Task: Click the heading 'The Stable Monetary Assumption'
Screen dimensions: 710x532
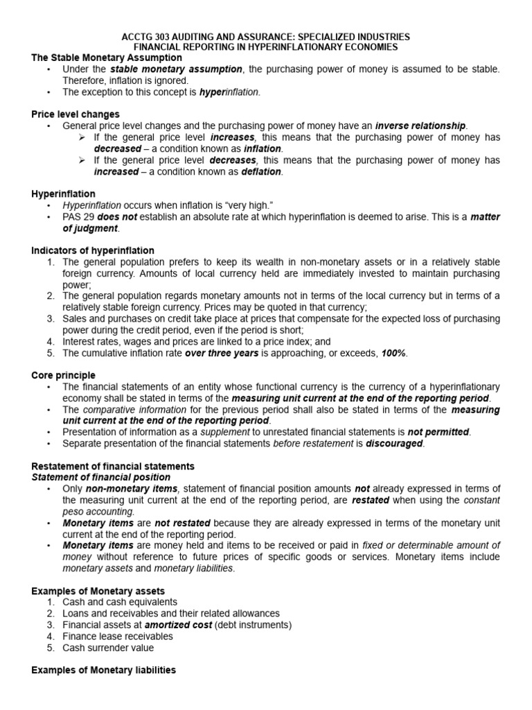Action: (x=107, y=58)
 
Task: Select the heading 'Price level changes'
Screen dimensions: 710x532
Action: (x=76, y=114)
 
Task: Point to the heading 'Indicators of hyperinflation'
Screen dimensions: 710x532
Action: (x=93, y=250)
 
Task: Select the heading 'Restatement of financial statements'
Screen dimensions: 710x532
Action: (x=113, y=466)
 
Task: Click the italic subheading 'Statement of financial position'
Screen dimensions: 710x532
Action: (x=101, y=477)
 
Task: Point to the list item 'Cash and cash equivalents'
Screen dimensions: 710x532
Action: (x=120, y=602)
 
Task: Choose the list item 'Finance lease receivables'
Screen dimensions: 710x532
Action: (x=119, y=637)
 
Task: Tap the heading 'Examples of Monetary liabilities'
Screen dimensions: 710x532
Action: (x=104, y=670)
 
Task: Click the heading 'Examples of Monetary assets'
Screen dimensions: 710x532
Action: (x=98, y=591)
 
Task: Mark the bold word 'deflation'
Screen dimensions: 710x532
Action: (x=261, y=171)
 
